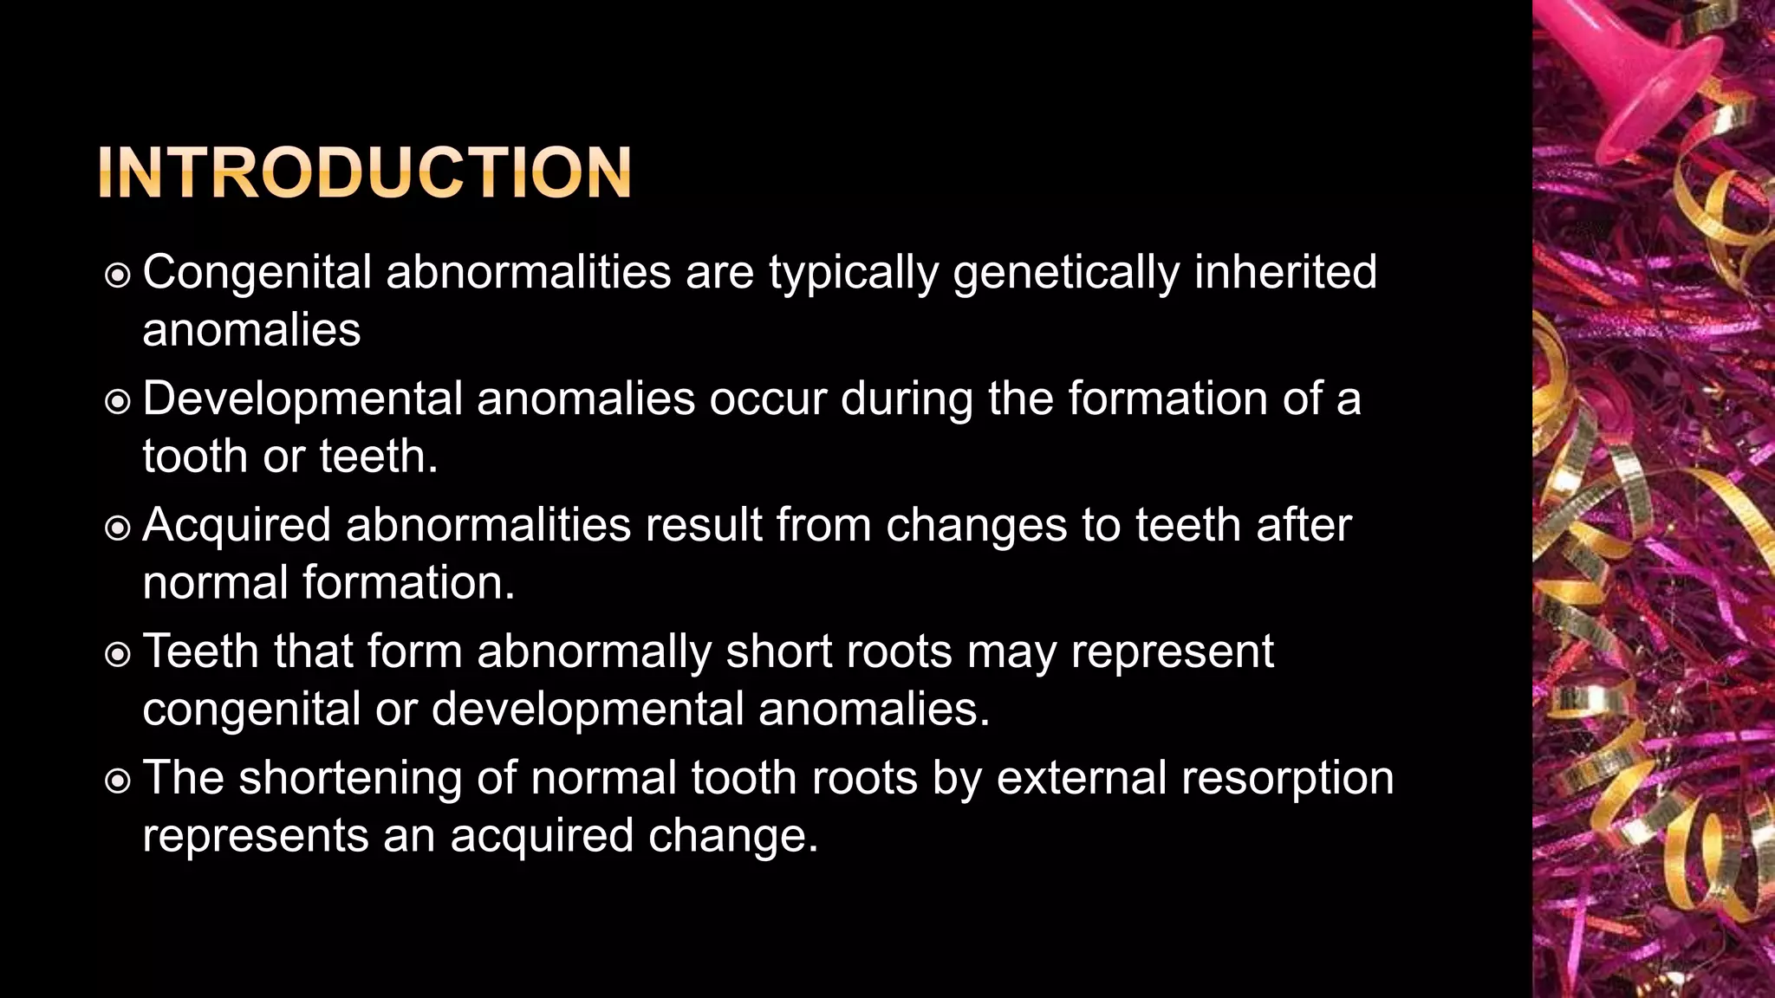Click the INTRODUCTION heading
pyautogui.click(x=365, y=173)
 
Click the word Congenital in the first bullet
pyautogui.click(x=257, y=273)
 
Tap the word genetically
pyautogui.click(x=1067, y=273)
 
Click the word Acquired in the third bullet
pyautogui.click(x=237, y=526)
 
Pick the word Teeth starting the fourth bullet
pyautogui.click(x=200, y=651)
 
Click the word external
pyautogui.click(x=1082, y=778)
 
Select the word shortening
pyautogui.click(x=350, y=778)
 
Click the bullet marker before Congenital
pyautogui.click(x=117, y=275)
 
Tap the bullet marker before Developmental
pyautogui.click(x=117, y=402)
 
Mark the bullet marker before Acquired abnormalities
pyautogui.click(x=117, y=528)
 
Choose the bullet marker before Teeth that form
pyautogui.click(x=117, y=655)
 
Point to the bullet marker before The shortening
pyautogui.click(x=117, y=781)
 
